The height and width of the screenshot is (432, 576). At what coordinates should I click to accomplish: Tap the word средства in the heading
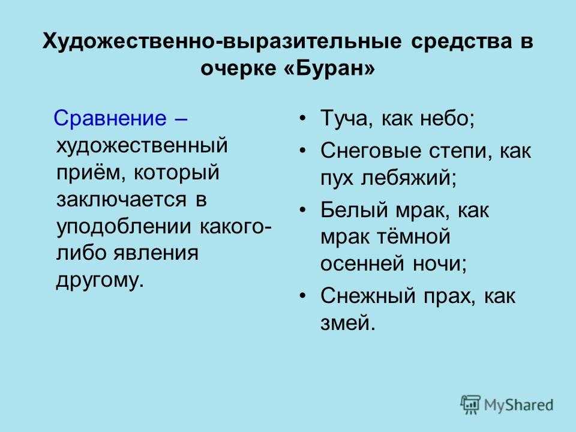(x=461, y=41)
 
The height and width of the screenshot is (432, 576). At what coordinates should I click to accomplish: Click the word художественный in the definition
(x=142, y=145)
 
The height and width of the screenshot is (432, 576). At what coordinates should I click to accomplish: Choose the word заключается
(x=122, y=200)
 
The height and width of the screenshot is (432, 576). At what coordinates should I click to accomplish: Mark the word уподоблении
(x=124, y=227)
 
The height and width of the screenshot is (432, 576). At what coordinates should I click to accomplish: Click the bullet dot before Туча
(x=302, y=119)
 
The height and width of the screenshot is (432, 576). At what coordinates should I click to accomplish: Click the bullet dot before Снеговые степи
(x=302, y=151)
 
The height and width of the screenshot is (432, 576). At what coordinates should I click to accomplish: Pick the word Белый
(x=353, y=211)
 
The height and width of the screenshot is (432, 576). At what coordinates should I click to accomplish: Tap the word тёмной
(x=414, y=236)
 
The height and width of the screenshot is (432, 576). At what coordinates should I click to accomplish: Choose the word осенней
(x=362, y=264)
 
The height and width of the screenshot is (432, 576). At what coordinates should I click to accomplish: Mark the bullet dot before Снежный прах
(x=302, y=296)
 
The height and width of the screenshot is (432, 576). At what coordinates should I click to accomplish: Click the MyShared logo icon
(x=470, y=405)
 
